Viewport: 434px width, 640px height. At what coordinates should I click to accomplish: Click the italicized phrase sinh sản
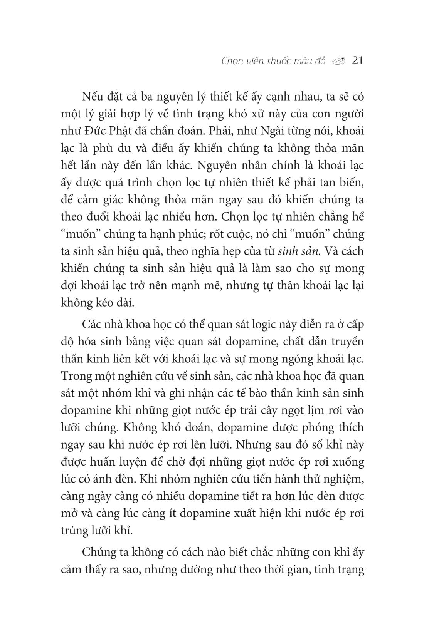click(302, 251)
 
